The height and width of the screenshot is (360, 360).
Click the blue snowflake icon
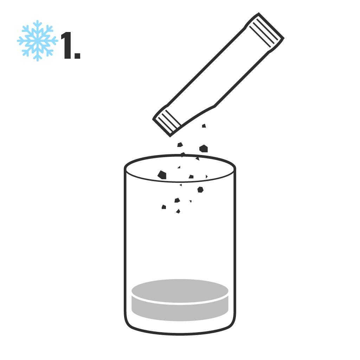coord(37,41)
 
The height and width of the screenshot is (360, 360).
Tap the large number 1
coord(66,45)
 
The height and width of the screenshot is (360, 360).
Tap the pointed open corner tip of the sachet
coord(170,137)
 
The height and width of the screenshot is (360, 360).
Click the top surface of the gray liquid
coord(180,291)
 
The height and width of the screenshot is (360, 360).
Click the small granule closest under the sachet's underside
coord(204,126)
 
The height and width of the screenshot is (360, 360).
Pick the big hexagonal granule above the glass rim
coord(204,149)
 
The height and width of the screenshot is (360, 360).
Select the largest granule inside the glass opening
coord(162,175)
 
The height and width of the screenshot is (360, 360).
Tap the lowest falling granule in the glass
coord(178,211)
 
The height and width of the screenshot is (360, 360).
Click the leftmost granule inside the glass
coord(164,207)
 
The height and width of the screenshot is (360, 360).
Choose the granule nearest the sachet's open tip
coord(180,144)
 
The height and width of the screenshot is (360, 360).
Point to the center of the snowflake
coord(37,41)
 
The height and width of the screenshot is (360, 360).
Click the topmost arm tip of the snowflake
coord(37,21)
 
